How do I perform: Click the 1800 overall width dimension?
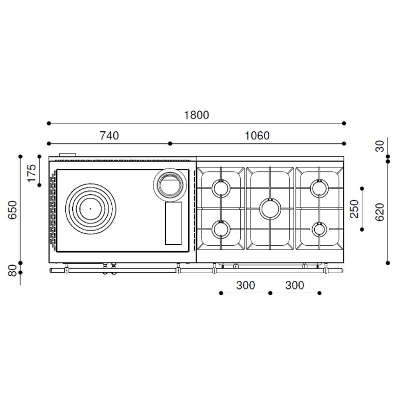tap(196, 115)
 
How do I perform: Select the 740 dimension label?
tap(109, 135)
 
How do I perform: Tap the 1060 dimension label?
tap(257, 135)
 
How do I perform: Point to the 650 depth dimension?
tap(13, 210)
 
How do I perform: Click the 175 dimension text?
tap(32, 173)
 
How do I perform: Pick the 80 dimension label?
tap(13, 270)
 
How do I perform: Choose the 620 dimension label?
tap(380, 212)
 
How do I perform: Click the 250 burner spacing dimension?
tap(354, 209)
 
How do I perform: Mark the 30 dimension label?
tap(380, 146)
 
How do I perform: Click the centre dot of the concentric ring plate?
tap(91, 209)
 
